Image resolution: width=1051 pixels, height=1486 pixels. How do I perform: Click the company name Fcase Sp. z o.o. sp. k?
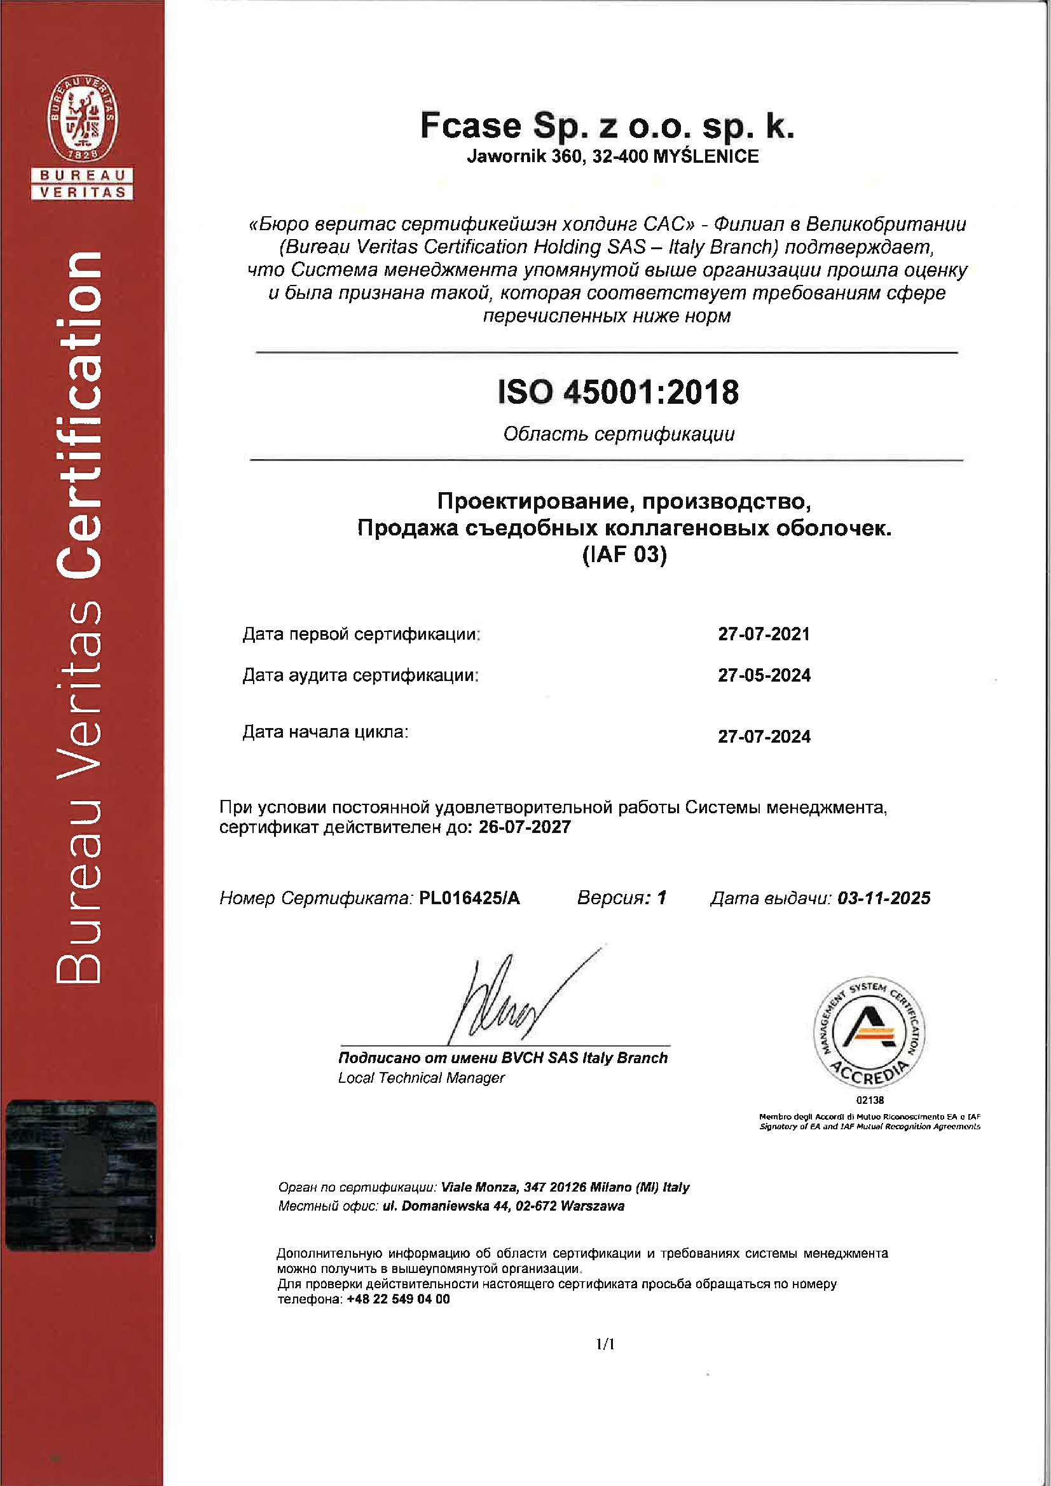point(607,125)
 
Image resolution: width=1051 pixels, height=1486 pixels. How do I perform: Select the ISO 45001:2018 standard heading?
point(618,392)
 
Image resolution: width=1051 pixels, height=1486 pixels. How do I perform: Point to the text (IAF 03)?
point(624,554)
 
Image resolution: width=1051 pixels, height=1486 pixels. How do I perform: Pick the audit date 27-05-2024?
point(764,675)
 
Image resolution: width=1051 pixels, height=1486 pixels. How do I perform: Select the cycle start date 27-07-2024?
point(764,736)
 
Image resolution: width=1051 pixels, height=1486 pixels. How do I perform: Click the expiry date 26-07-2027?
point(525,827)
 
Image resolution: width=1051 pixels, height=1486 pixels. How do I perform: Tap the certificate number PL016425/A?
point(469,898)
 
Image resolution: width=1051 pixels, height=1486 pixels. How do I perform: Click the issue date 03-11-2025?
point(883,898)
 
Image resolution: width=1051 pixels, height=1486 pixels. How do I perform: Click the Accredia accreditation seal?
point(869,1031)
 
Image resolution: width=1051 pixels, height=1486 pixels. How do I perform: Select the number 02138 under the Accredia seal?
point(870,1100)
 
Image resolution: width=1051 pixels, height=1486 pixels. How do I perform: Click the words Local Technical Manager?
point(422,1078)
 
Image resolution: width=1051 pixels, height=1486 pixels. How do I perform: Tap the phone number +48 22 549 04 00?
point(398,1299)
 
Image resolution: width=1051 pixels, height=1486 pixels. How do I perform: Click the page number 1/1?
point(605,1345)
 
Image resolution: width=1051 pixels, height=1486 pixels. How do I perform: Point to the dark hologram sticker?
point(81,1174)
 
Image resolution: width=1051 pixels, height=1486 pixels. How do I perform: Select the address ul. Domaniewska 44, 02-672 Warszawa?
point(504,1206)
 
